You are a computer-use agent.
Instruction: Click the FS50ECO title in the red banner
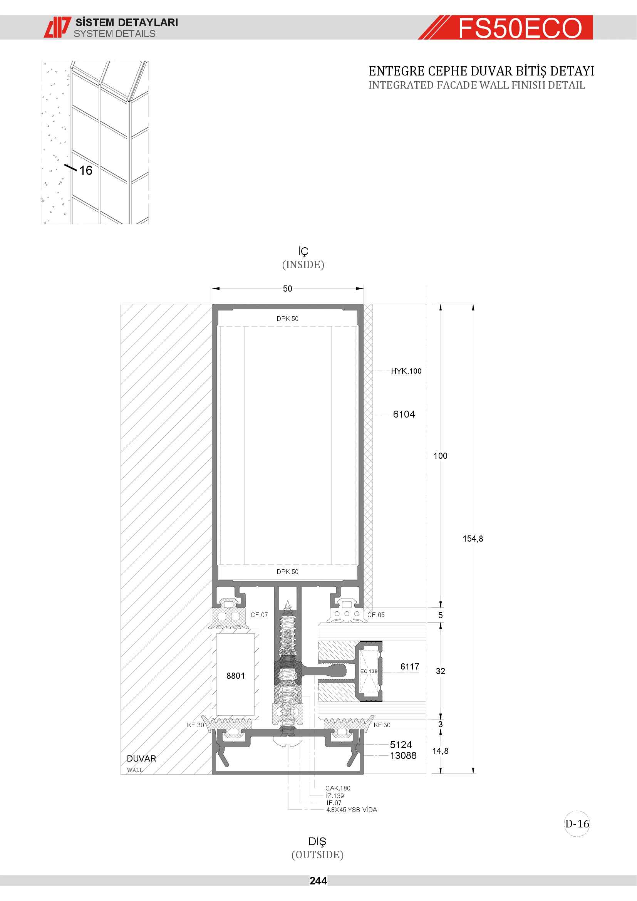520,28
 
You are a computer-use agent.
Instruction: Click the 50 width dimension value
288,289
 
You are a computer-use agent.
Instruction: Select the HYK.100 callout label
406,371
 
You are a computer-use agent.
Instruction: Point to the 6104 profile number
404,414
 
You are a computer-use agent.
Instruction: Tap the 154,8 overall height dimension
473,539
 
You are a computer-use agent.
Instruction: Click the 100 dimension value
440,456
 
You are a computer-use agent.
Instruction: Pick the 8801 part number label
235,676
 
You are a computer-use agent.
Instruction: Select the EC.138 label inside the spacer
369,671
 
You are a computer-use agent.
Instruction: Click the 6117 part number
409,667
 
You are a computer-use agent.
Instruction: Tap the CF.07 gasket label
259,615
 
